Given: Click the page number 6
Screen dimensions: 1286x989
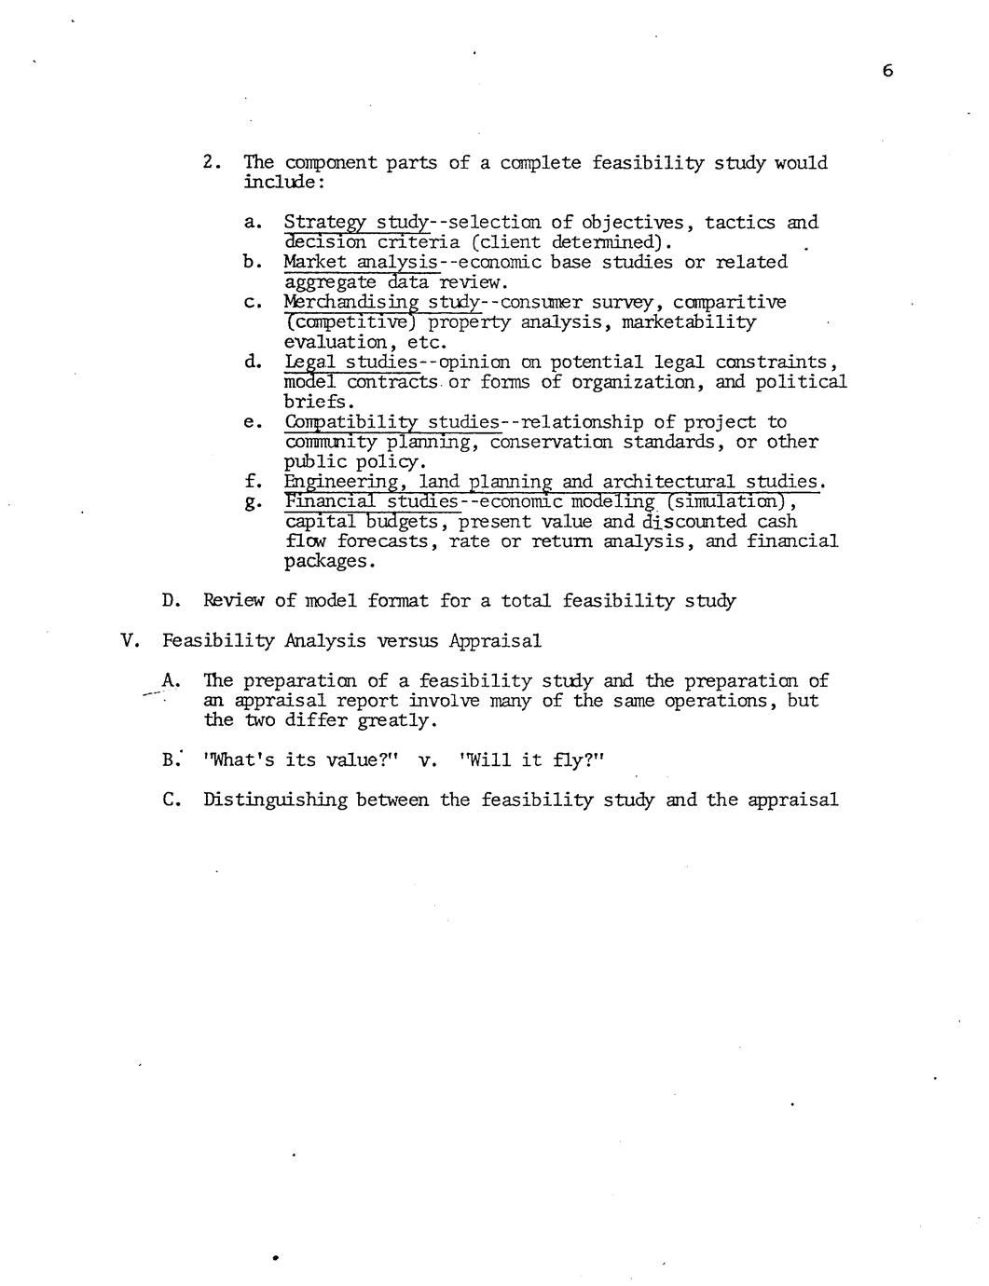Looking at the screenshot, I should tap(886, 71).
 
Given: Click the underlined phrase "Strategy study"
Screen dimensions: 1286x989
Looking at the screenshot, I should tap(355, 223).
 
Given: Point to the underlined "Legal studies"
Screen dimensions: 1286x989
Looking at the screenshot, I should tap(350, 362).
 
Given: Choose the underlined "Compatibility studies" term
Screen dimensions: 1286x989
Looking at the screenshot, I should tap(391, 422).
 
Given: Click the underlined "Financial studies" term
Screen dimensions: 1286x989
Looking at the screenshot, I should tap(372, 501).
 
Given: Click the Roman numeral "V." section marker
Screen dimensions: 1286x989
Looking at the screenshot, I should tap(130, 641).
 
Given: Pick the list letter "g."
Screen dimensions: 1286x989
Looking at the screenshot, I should tap(251, 503).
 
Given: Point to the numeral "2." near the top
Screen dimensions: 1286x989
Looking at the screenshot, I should tap(212, 163).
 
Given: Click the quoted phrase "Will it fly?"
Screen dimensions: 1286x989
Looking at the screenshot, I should tap(532, 760).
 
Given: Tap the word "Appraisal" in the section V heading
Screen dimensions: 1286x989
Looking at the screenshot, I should tap(494, 641).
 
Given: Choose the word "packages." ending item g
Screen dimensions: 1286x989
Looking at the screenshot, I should tap(330, 562).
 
